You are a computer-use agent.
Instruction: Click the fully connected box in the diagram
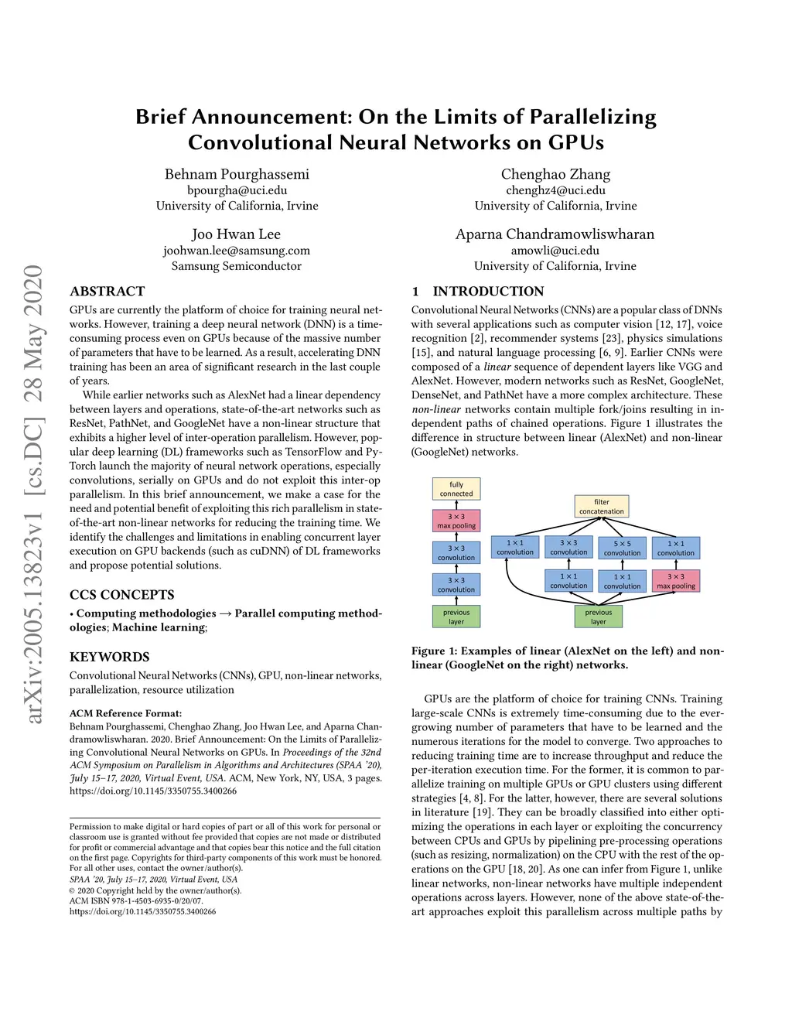pyautogui.click(x=456, y=489)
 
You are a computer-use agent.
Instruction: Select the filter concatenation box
pyautogui.click(x=602, y=507)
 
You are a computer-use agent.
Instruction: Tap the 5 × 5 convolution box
pyautogui.click(x=623, y=548)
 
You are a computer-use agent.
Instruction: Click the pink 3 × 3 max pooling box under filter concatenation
pyautogui.click(x=676, y=581)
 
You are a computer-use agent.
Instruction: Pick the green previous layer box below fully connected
pyautogui.click(x=456, y=617)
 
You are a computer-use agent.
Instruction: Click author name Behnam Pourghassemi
pyautogui.click(x=237, y=174)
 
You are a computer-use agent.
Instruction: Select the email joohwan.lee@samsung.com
pyautogui.click(x=237, y=251)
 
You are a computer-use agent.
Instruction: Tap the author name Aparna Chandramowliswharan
pyautogui.click(x=555, y=234)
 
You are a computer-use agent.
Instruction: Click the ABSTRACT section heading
pyautogui.click(x=108, y=292)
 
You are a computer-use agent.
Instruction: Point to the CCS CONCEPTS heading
pyautogui.click(x=122, y=595)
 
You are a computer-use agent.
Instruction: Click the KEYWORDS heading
pyautogui.click(x=110, y=657)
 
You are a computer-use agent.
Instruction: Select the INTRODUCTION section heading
pyautogui.click(x=488, y=292)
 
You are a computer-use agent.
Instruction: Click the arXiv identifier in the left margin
pyautogui.click(x=35, y=495)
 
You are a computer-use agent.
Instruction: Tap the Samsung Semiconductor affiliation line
pyautogui.click(x=237, y=266)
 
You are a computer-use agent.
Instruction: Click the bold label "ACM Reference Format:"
pyautogui.click(x=126, y=713)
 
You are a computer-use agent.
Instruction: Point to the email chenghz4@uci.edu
pyautogui.click(x=555, y=190)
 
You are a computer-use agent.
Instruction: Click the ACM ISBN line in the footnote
pyautogui.click(x=136, y=900)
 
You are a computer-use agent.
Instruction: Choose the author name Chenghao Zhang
pyautogui.click(x=555, y=174)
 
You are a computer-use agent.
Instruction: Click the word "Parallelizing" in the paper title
pyautogui.click(x=592, y=117)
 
